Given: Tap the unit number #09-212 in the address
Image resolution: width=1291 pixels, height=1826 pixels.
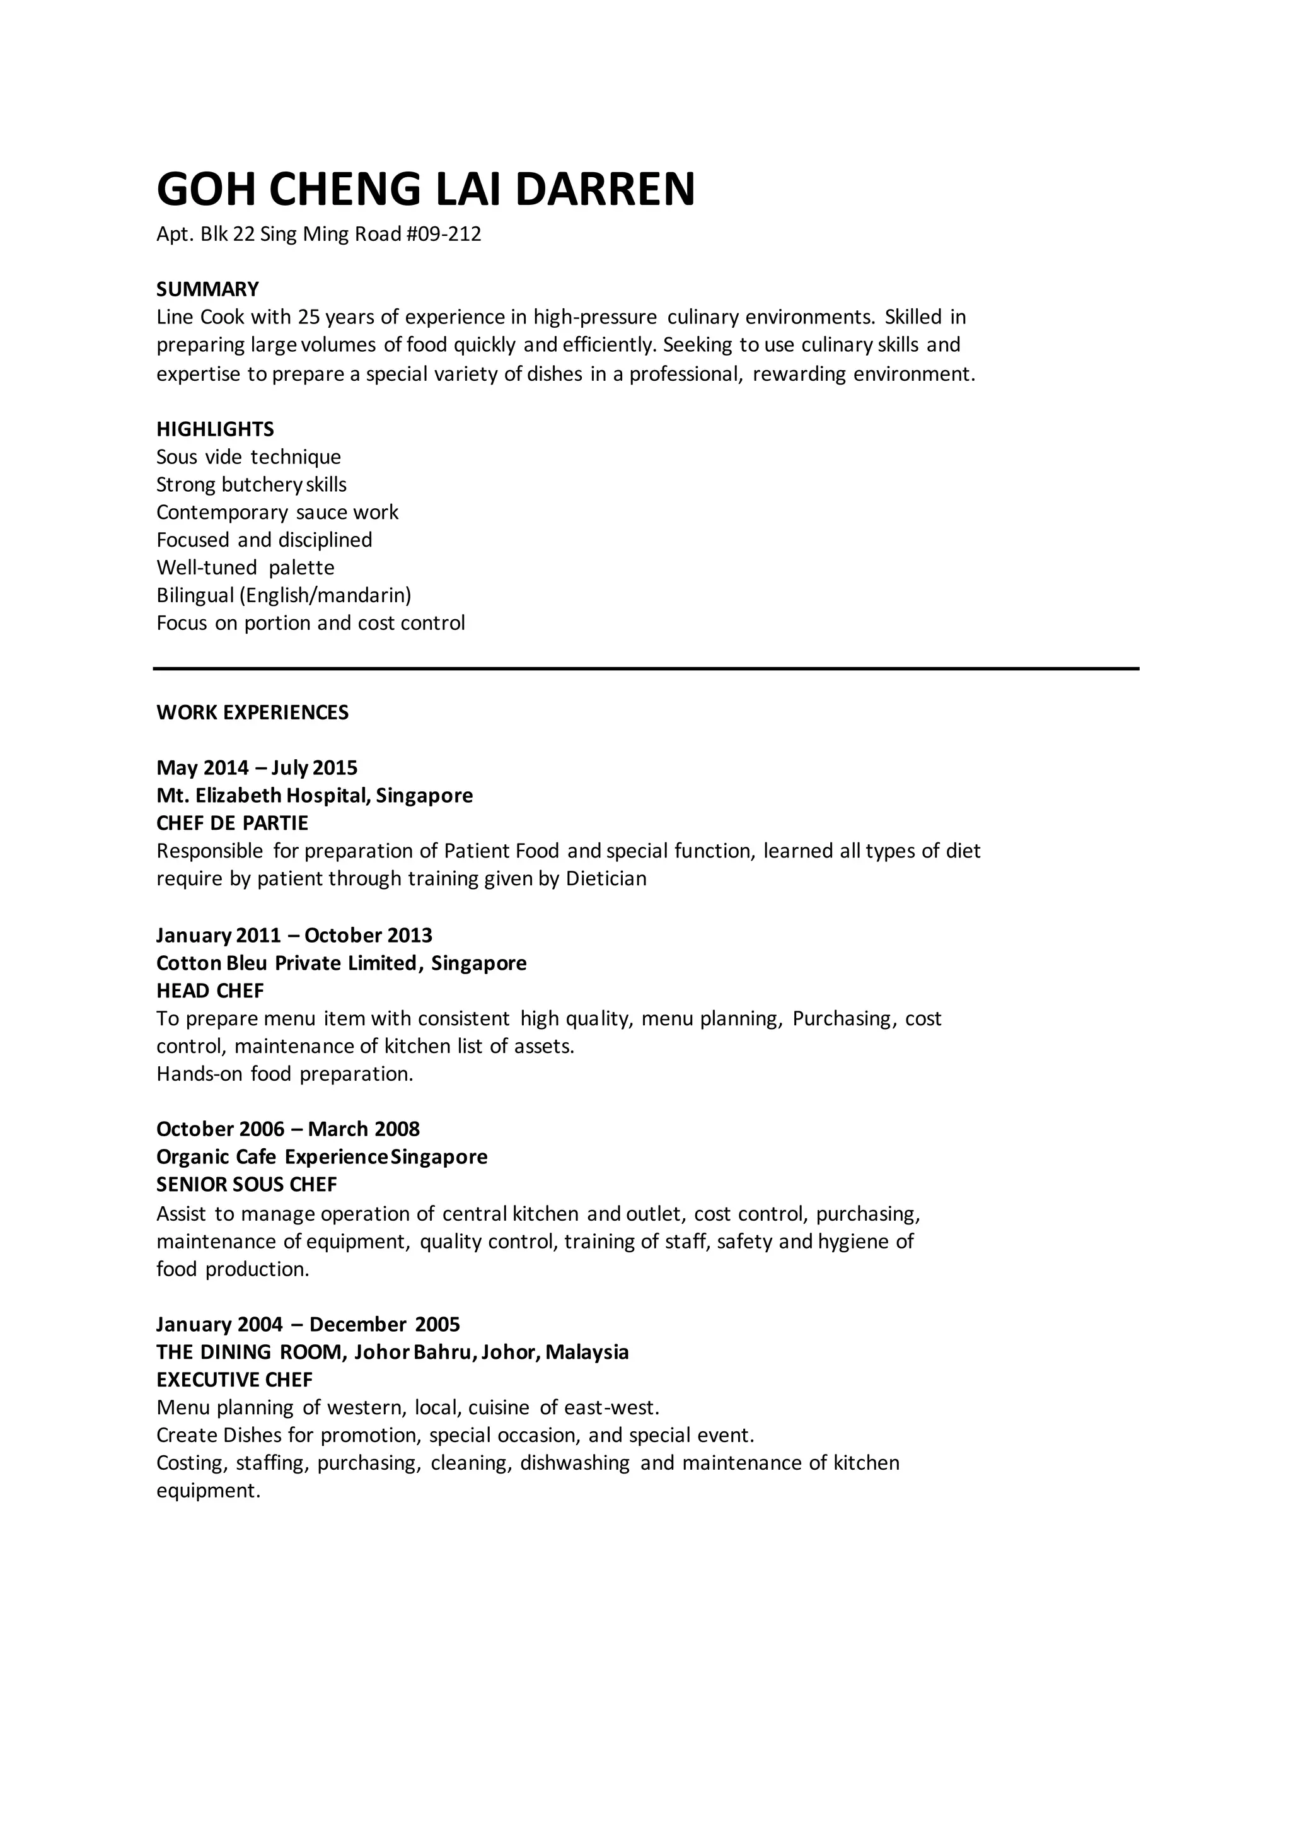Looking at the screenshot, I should [x=444, y=235].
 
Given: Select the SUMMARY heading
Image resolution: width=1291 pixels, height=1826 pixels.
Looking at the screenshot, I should [x=207, y=289].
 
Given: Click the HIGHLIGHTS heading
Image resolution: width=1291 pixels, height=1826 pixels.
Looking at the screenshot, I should [x=214, y=429].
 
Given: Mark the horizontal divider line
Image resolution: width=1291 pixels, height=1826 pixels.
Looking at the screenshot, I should [x=645, y=669].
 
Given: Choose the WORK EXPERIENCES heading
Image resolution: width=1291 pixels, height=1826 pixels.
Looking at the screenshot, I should [x=252, y=712].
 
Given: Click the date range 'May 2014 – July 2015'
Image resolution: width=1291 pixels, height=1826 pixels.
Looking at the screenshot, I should [x=257, y=768].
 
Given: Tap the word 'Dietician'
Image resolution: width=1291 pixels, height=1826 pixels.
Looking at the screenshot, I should [x=606, y=879].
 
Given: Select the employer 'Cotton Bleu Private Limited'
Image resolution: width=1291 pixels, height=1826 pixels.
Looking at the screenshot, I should [x=286, y=964].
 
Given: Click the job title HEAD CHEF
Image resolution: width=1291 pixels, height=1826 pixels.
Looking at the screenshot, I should [x=210, y=991].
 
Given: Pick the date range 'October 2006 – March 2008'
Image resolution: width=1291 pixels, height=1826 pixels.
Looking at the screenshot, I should [x=288, y=1129].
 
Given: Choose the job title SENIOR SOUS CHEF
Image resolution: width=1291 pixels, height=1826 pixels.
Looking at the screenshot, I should [x=246, y=1185].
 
